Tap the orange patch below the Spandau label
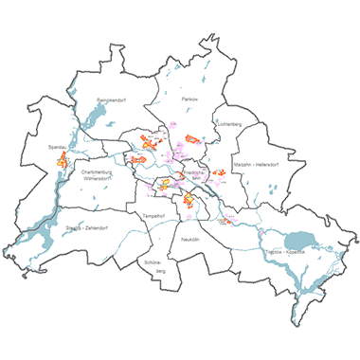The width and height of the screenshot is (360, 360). (63, 162)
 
